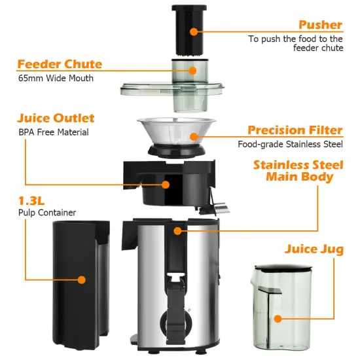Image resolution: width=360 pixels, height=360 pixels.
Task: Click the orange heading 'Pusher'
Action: [320, 25]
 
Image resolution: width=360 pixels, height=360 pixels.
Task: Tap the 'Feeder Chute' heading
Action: [60, 64]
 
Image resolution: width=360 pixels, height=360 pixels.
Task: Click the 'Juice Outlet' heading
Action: [56, 118]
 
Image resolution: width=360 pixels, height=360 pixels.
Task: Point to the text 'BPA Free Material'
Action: [54, 132]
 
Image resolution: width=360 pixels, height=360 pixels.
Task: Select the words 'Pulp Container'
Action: [47, 213]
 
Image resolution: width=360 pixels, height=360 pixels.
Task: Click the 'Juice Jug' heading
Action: [314, 249]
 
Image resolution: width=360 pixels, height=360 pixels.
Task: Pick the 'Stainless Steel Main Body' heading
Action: [298, 170]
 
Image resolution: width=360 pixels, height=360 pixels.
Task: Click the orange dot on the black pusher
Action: [194, 31]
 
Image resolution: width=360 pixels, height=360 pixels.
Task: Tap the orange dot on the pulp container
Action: [81, 279]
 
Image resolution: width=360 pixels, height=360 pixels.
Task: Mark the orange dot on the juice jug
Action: [278, 319]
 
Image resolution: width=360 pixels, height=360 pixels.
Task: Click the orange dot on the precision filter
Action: [194, 136]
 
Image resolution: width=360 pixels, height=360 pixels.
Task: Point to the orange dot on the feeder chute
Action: [194, 70]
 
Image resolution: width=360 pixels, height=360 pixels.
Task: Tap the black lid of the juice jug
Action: [284, 267]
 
